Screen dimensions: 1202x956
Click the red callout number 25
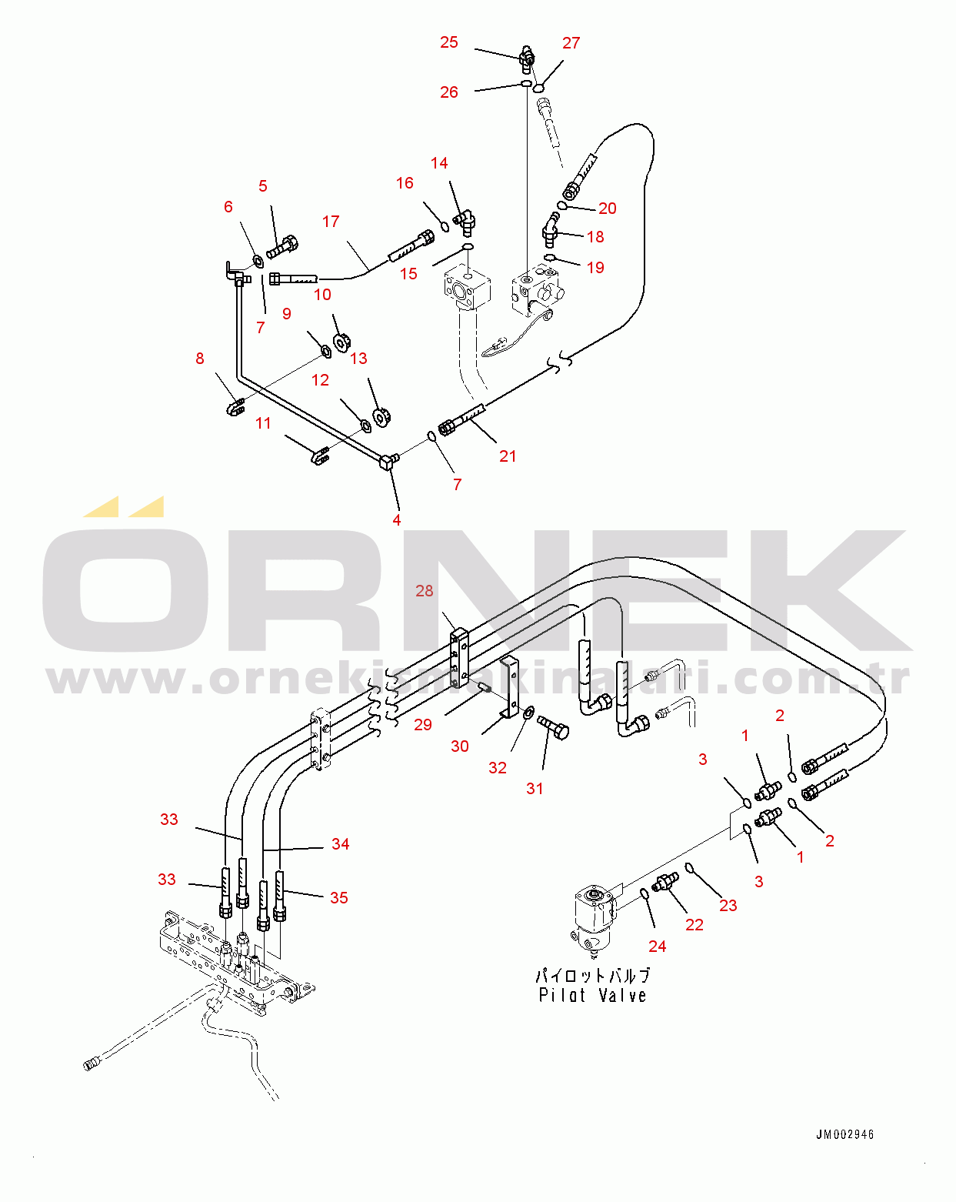coord(449,42)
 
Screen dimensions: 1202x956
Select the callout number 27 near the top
coord(571,43)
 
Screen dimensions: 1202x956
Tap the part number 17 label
coord(331,222)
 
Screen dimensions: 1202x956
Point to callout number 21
coord(508,456)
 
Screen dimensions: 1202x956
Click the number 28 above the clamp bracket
coord(425,591)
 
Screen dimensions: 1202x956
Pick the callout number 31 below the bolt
coord(535,789)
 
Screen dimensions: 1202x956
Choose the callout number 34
coord(340,844)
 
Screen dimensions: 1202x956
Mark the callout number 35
coord(338,898)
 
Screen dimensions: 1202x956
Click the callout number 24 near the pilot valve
coord(657,947)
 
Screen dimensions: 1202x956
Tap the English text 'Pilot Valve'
coord(592,996)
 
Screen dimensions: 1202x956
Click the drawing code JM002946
coord(844,1134)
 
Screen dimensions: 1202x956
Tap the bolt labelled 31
coord(554,726)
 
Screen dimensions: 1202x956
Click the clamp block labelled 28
coord(459,658)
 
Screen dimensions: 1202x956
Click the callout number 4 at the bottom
coord(397,520)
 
